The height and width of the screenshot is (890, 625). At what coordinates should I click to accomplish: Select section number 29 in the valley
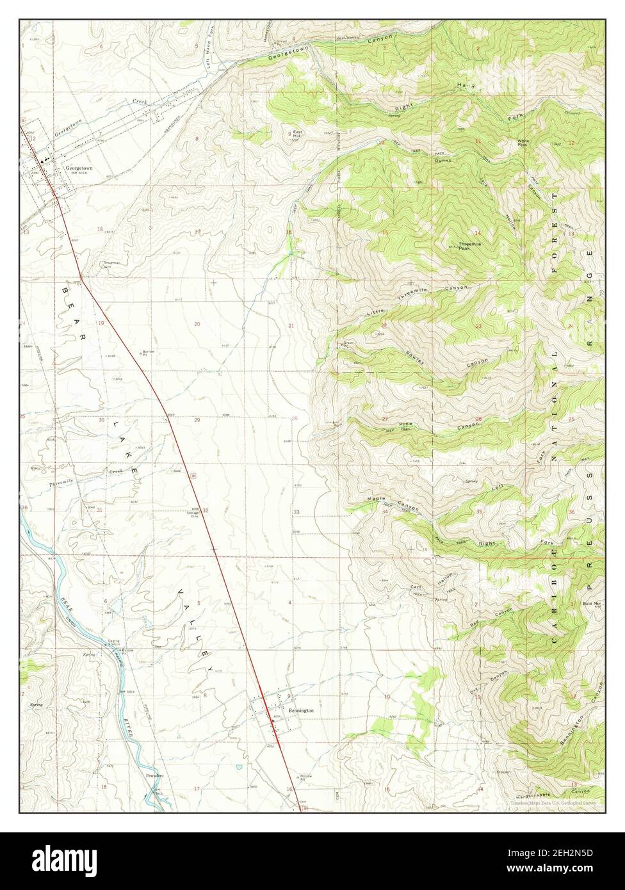tap(197, 420)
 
